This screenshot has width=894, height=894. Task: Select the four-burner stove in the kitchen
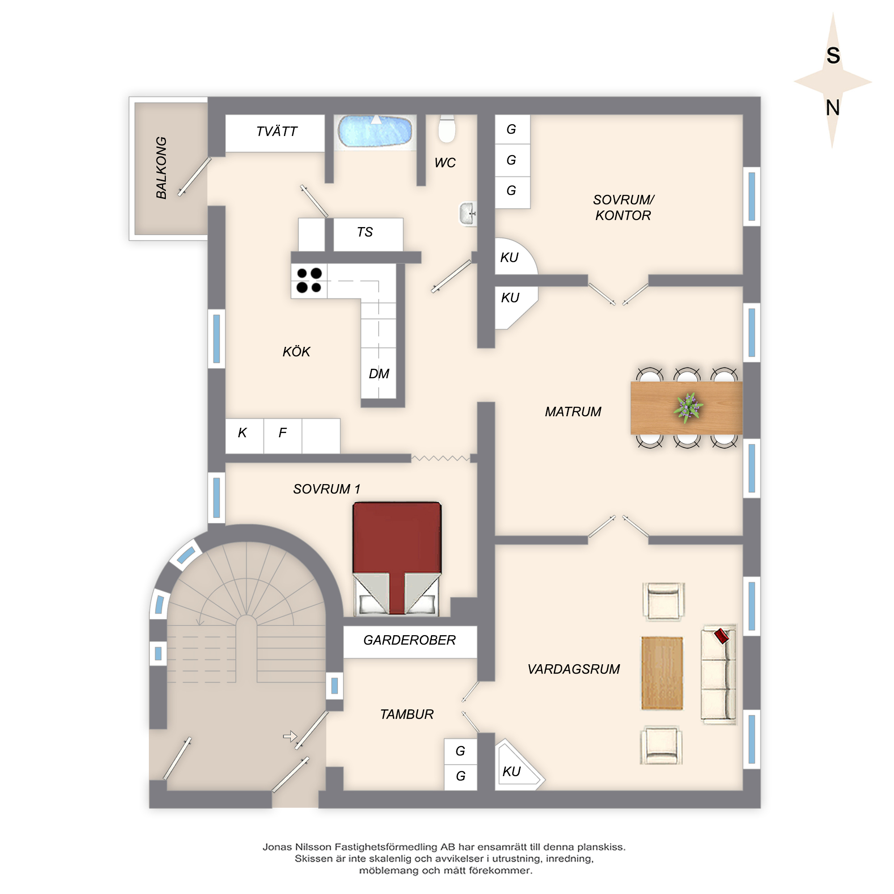(x=309, y=280)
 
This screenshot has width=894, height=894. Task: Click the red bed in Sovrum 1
(x=396, y=558)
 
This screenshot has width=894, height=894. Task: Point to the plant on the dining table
(x=688, y=407)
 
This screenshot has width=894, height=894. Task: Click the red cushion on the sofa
(x=721, y=636)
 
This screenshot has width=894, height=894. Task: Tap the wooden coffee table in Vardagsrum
(x=662, y=673)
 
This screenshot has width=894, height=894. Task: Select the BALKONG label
(x=161, y=168)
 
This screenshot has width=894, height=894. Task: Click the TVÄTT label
(x=277, y=132)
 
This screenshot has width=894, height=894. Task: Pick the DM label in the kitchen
(x=379, y=373)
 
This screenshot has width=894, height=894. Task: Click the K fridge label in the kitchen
(x=242, y=433)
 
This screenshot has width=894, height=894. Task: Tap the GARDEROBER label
(x=409, y=640)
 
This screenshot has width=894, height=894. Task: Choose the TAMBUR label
(x=407, y=714)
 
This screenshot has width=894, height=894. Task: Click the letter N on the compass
(x=833, y=108)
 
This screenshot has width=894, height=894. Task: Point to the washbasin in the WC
(x=468, y=214)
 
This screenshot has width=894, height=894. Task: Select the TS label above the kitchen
(x=365, y=232)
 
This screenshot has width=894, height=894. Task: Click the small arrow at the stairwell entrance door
(x=290, y=736)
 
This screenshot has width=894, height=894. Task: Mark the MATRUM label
(x=573, y=412)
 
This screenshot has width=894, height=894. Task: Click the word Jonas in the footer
(x=278, y=847)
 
